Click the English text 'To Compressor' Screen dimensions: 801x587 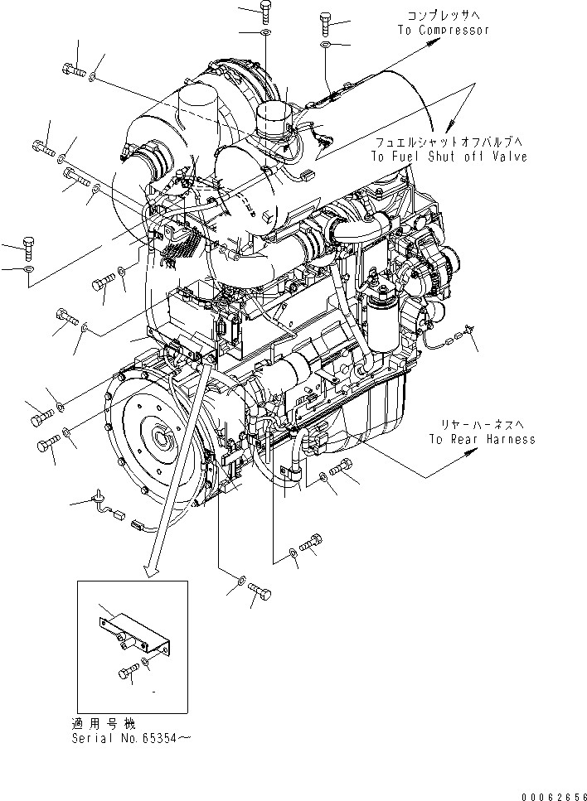[442, 31]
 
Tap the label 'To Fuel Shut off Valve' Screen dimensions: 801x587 [448, 157]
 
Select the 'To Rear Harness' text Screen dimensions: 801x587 [482, 439]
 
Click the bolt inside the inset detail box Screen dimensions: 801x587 [125, 673]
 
